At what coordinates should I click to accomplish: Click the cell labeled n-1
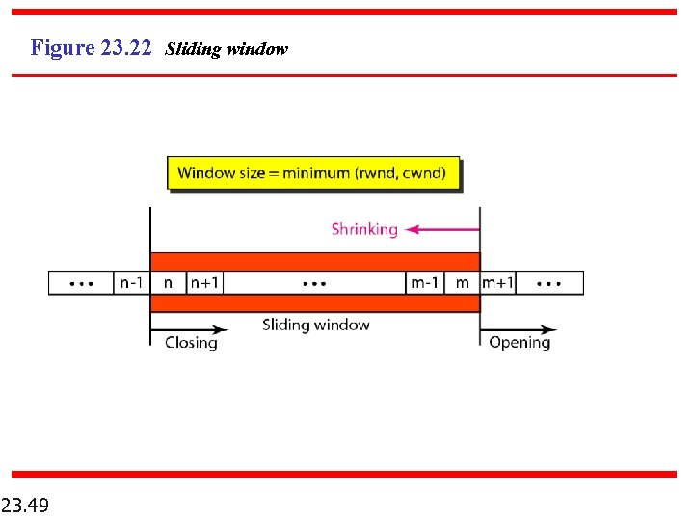coord(131,283)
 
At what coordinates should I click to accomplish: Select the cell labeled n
coord(169,283)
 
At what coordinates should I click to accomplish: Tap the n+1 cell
coord(204,283)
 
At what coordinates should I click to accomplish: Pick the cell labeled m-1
coord(425,283)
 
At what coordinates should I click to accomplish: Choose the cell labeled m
coord(463,283)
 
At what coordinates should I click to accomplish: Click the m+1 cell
coord(498,283)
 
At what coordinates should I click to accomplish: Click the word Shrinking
coord(364,229)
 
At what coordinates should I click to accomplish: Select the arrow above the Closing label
coord(188,329)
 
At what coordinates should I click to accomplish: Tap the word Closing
coord(191,343)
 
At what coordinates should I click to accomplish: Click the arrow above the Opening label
coord(518,329)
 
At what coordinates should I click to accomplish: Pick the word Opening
coord(520,343)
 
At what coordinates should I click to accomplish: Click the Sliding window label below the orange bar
coord(315,325)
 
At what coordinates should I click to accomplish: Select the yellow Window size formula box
coord(313,173)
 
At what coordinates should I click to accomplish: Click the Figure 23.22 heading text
coord(92,47)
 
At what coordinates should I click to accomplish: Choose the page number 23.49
coord(26,505)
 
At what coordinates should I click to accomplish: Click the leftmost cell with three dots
coord(82,283)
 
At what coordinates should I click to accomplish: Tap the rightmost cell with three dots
coord(549,283)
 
